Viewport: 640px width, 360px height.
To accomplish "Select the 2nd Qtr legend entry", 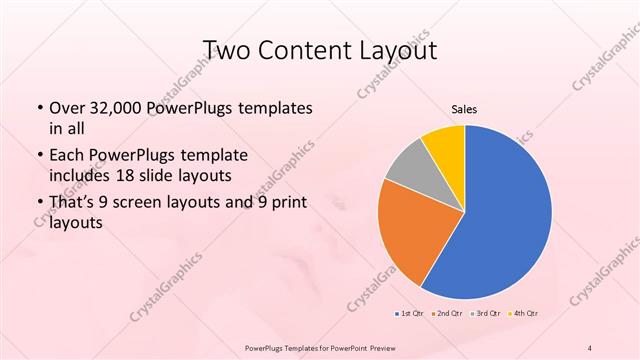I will [x=446, y=313].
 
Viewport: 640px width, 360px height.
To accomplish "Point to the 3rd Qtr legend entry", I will [x=486, y=313].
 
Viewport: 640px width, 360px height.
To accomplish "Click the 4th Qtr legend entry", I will [x=525, y=313].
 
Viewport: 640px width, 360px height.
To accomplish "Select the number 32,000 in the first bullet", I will [x=118, y=107].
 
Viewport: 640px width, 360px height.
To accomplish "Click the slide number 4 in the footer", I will [x=590, y=348].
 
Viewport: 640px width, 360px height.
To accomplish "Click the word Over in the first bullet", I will [x=69, y=107].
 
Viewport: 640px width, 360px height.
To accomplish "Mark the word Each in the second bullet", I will [x=68, y=155].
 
